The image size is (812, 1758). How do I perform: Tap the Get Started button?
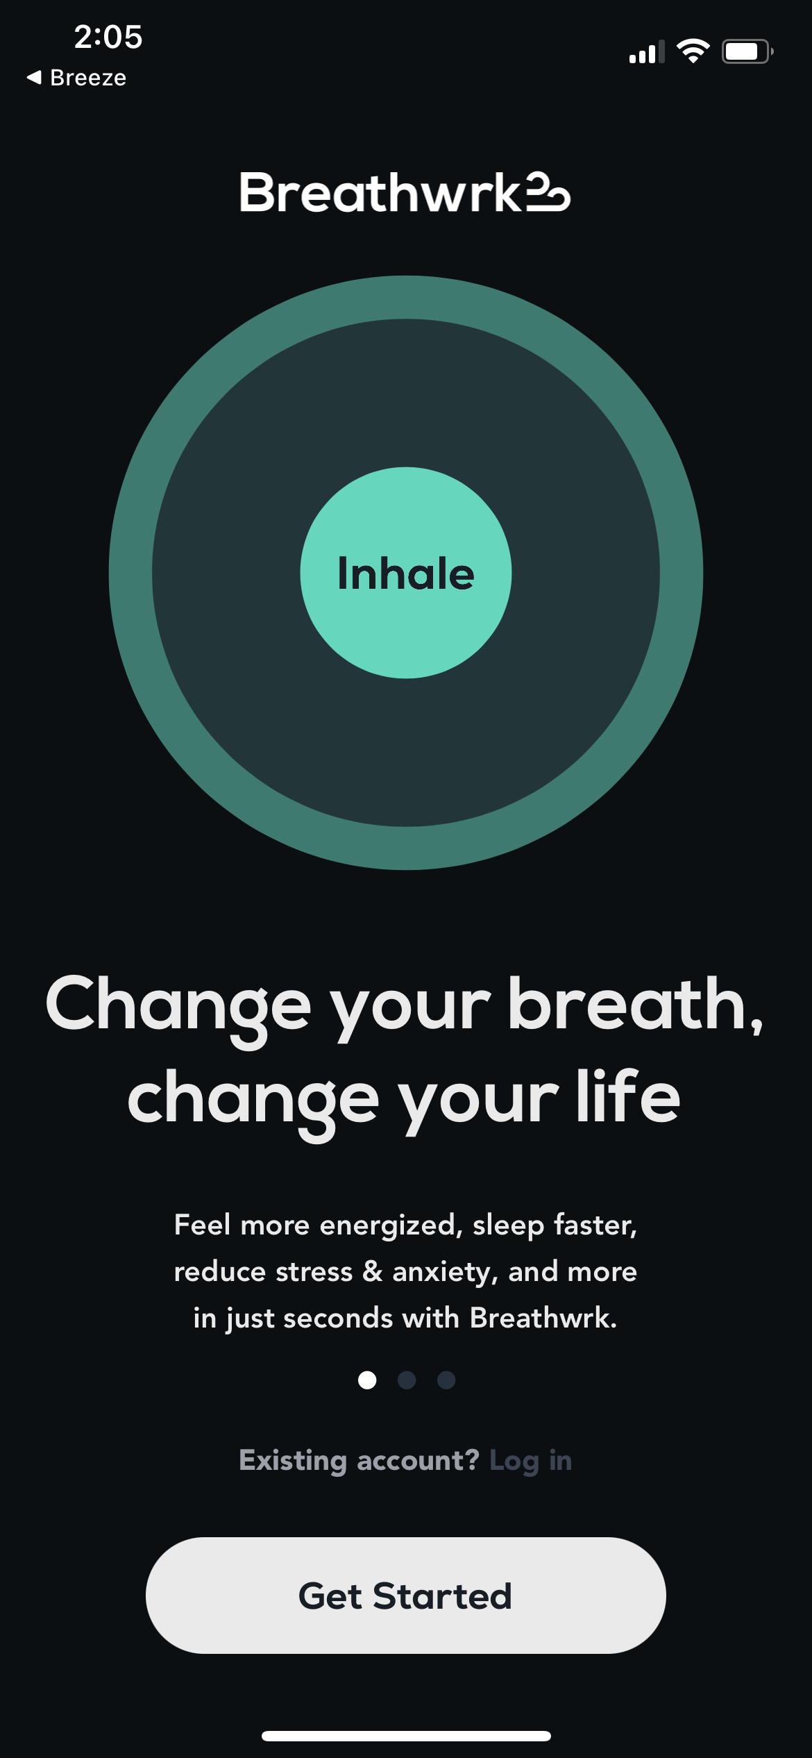tap(405, 1595)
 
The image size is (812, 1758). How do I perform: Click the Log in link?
tap(530, 1461)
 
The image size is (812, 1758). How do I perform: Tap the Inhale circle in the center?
tap(406, 573)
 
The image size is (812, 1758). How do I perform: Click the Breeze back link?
tap(77, 78)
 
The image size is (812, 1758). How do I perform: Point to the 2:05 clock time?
tap(108, 37)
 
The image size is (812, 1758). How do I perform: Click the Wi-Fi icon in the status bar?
tap(693, 51)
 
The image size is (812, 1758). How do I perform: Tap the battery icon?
tap(747, 51)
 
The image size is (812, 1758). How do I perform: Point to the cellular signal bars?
tap(646, 53)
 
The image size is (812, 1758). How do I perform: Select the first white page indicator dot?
tap(367, 1380)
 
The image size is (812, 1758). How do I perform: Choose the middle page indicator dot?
tap(407, 1380)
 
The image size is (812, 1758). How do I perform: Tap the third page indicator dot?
tap(446, 1380)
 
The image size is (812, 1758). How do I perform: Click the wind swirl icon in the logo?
tap(548, 192)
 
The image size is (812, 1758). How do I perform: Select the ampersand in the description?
tap(373, 1271)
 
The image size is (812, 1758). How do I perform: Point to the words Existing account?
tap(359, 1461)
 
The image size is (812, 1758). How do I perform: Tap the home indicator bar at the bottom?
tap(406, 1736)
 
